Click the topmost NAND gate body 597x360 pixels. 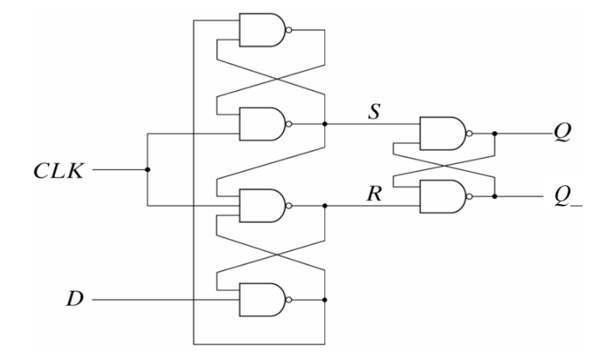(x=261, y=32)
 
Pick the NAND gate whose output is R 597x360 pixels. (x=261, y=206)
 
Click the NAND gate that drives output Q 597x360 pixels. (x=440, y=133)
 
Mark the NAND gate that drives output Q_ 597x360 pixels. (x=440, y=197)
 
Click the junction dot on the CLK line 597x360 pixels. (x=147, y=169)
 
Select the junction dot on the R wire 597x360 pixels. (x=324, y=206)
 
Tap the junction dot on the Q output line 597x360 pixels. (x=495, y=133)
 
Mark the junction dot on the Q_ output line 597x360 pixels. (x=495, y=197)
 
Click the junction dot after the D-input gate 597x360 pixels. (x=324, y=299)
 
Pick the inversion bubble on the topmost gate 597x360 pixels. (x=288, y=32)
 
